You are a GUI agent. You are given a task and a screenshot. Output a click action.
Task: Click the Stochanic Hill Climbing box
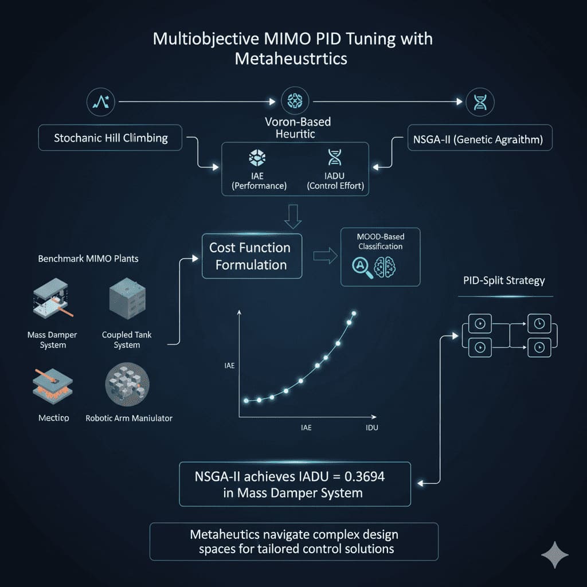click(x=111, y=139)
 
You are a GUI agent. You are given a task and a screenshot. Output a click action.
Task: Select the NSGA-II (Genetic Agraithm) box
click(x=480, y=139)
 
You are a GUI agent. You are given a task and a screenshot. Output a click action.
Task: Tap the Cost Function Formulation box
click(x=252, y=256)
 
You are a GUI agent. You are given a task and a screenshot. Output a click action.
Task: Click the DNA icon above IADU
click(x=334, y=158)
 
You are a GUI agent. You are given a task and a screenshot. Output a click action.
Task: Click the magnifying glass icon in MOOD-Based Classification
click(x=361, y=267)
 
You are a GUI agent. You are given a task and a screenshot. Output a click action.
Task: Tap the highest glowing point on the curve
click(x=354, y=313)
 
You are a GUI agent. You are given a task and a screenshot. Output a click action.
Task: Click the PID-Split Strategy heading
click(x=504, y=281)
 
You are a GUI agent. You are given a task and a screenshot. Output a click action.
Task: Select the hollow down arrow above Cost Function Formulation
click(x=292, y=218)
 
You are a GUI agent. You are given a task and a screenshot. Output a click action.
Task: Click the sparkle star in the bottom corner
click(x=555, y=555)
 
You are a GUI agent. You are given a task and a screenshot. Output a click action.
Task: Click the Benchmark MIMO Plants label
click(x=88, y=259)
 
